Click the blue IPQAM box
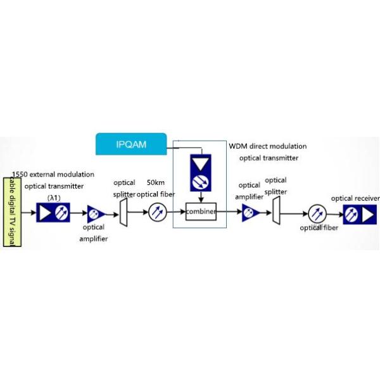click(130, 144)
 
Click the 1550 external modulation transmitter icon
click(53, 212)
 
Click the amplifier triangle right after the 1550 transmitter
click(96, 212)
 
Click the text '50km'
click(156, 182)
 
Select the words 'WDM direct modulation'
click(267, 146)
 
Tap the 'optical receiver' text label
click(355, 198)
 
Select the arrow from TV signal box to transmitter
click(29, 212)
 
